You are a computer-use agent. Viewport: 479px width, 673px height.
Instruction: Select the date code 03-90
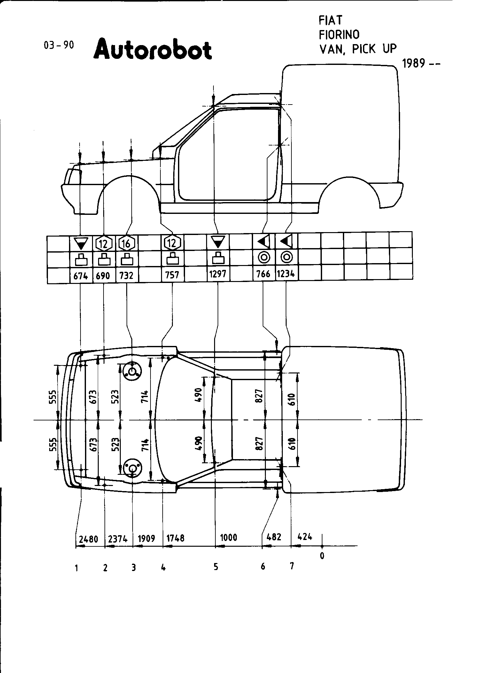pyautogui.click(x=58, y=45)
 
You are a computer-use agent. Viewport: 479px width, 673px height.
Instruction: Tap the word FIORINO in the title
pyautogui.click(x=339, y=34)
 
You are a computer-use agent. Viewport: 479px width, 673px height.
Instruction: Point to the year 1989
pyautogui.click(x=414, y=64)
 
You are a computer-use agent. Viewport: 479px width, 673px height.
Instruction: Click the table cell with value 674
pyautogui.click(x=81, y=275)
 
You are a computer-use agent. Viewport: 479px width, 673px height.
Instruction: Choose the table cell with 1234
pyautogui.click(x=286, y=274)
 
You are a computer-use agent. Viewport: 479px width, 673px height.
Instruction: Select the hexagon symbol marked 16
pyautogui.click(x=127, y=244)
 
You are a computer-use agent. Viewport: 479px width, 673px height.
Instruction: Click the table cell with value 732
pyautogui.click(x=126, y=275)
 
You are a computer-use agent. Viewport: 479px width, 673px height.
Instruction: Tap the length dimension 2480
pyautogui.click(x=89, y=539)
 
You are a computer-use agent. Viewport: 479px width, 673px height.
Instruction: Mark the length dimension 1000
pyautogui.click(x=229, y=537)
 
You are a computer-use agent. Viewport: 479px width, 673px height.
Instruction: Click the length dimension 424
pyautogui.click(x=305, y=536)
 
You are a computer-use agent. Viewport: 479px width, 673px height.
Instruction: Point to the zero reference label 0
pyautogui.click(x=322, y=556)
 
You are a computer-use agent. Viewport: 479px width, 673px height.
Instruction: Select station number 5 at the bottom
pyautogui.click(x=216, y=567)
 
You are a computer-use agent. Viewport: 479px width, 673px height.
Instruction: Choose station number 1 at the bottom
pyautogui.click(x=76, y=568)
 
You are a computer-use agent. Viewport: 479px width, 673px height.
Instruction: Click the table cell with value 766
pyautogui.click(x=263, y=274)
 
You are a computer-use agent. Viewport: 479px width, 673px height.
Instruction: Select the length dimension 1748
pyautogui.click(x=176, y=538)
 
